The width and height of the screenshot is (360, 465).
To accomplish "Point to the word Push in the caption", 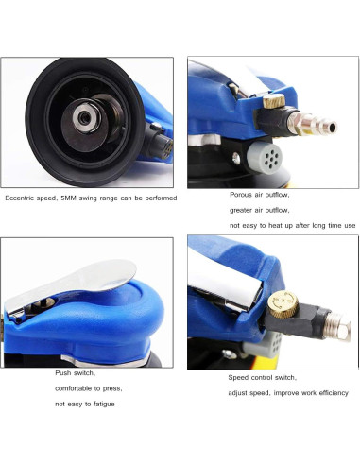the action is pyautogui.click(x=62, y=373).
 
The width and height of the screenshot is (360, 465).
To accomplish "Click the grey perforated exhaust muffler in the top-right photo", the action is pyautogui.click(x=265, y=157).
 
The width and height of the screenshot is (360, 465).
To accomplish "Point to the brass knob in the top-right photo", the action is pyautogui.click(x=274, y=101).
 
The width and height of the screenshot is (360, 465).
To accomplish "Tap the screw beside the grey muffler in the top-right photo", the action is pyautogui.click(x=236, y=159).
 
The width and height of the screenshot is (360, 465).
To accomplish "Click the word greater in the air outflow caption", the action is pyautogui.click(x=241, y=210).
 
